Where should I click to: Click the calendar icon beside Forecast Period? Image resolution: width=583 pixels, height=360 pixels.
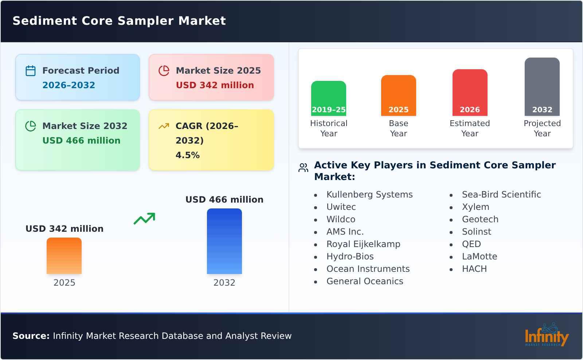coord(31,71)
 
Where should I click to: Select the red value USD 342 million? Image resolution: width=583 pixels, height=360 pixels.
coord(215,85)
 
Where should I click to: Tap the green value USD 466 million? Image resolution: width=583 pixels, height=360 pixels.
coord(81,141)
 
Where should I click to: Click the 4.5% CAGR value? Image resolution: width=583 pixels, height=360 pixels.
coord(187,155)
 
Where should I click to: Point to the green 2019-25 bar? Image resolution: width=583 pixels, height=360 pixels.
coord(328,98)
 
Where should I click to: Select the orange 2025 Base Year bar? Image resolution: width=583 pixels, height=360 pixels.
coord(398,95)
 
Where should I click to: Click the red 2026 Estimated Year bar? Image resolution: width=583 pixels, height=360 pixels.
coord(470,93)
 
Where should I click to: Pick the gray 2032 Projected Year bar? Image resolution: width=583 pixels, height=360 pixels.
coord(542,87)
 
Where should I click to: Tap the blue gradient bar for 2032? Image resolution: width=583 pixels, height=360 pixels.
coord(224,241)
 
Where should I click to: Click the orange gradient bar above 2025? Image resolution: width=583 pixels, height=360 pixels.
coord(64,256)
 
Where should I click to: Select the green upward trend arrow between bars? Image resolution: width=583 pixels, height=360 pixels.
coord(144,219)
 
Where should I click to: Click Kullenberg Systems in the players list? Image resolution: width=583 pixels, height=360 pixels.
coord(369,195)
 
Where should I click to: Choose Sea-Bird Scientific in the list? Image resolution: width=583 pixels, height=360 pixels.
coord(501,195)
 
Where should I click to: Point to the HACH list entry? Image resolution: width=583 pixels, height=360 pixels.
coord(474,269)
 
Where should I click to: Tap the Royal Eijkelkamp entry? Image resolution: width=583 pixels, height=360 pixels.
coord(363,244)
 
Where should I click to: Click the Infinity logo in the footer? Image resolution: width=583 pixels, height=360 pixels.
coord(546,335)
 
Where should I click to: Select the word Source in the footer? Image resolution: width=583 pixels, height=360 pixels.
coord(31,336)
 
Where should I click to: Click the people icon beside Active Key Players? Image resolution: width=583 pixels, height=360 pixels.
coord(303,168)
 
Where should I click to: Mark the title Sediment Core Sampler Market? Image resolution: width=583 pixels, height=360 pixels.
coord(119,21)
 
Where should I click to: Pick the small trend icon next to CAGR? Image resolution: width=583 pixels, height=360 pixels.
coord(164,126)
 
